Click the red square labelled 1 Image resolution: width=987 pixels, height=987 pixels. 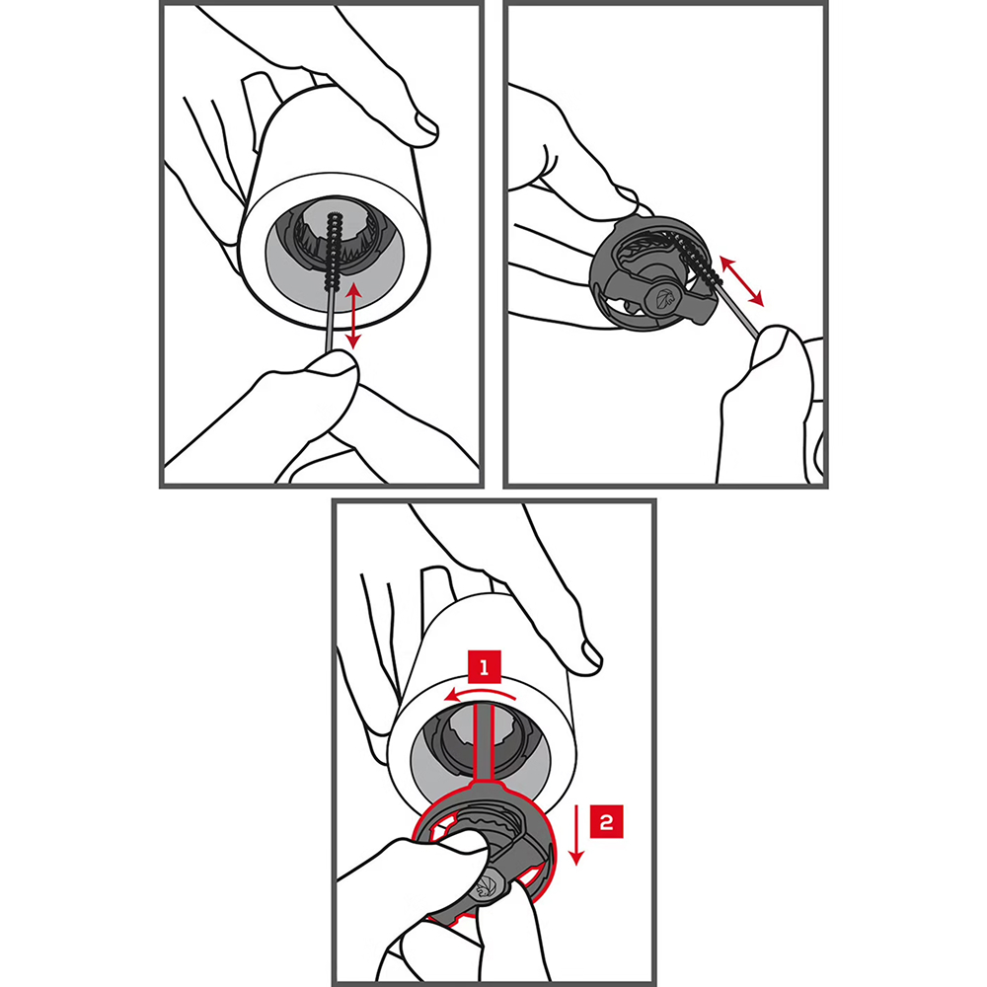(484, 667)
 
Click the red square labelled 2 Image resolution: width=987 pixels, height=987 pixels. (606, 821)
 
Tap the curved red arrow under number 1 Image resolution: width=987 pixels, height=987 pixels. (480, 694)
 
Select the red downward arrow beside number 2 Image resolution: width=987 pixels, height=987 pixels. (576, 833)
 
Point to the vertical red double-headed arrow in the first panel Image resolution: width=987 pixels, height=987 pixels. (353, 316)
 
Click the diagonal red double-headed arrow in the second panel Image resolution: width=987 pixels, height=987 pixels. (741, 280)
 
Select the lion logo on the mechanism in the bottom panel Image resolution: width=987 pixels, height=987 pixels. (488, 887)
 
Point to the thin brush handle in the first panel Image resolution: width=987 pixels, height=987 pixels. (329, 321)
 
